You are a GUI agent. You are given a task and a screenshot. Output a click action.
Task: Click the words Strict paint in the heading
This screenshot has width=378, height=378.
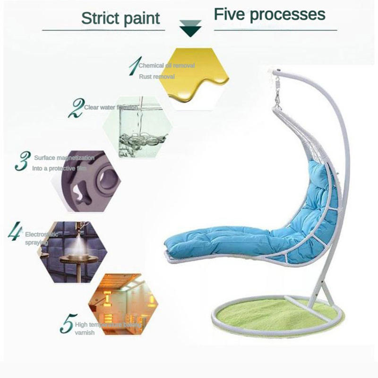click(x=121, y=18)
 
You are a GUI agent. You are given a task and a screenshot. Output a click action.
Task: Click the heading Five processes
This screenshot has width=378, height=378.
click(x=270, y=15)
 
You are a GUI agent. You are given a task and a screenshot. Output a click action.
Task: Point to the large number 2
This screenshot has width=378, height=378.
click(x=76, y=108)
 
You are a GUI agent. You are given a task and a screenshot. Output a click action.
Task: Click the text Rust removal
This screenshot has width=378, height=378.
click(x=157, y=77)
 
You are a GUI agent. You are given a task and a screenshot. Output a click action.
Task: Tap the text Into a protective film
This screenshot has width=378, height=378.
click(x=60, y=168)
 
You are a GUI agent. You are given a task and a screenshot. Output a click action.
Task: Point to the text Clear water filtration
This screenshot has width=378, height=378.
click(x=111, y=107)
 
